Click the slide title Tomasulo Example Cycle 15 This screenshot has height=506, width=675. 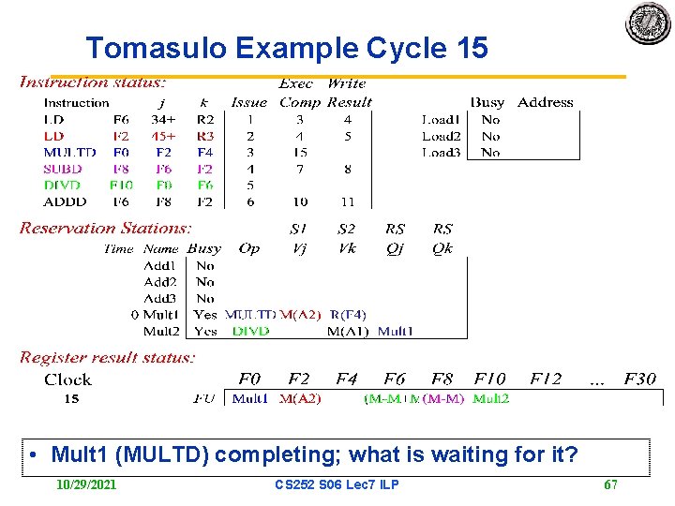(x=286, y=48)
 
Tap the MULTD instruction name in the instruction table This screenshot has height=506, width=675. (x=69, y=152)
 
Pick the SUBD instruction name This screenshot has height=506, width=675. (x=63, y=169)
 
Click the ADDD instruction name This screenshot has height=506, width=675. (x=65, y=201)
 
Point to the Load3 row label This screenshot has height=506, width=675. (x=441, y=152)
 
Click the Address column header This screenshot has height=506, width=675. (x=545, y=102)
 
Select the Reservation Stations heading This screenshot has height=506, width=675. (x=105, y=228)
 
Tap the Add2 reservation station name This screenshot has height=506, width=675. (x=160, y=282)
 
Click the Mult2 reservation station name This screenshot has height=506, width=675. (x=160, y=331)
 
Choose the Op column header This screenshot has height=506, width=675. (x=249, y=248)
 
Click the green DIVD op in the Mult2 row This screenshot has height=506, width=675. (x=250, y=331)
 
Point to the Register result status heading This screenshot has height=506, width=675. (x=108, y=357)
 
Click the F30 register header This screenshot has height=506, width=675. (x=640, y=379)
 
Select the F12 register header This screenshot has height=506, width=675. (x=545, y=379)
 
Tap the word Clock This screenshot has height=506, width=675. (x=67, y=379)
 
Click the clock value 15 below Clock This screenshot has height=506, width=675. (x=71, y=398)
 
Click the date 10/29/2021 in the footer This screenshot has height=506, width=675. (x=86, y=484)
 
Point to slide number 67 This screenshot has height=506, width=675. (x=610, y=484)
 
